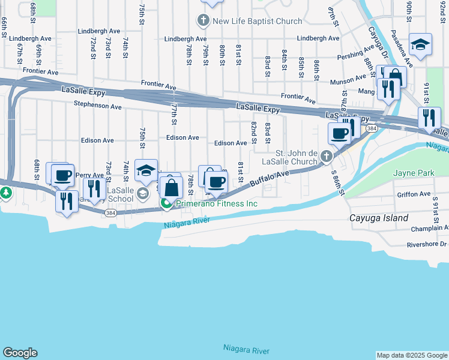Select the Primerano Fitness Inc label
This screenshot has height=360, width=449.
pos(217,204)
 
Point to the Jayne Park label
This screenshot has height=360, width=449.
pos(413,173)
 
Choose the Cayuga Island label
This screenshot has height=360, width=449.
pos(379,218)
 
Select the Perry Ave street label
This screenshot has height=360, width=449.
pos(90,175)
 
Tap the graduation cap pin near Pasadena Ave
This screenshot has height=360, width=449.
pos(421,44)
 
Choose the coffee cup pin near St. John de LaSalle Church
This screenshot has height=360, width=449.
pos(339,133)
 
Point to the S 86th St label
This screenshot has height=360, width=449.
pos(339,182)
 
